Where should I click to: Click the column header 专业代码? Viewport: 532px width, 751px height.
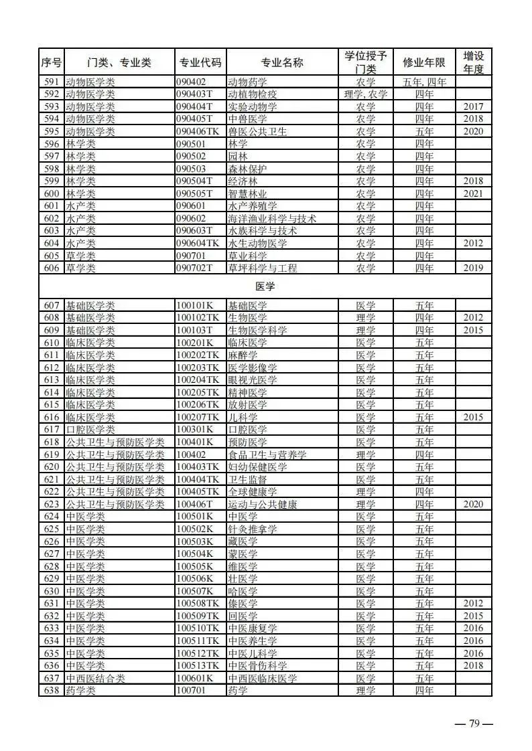click(x=200, y=62)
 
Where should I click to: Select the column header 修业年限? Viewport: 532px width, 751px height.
click(x=424, y=62)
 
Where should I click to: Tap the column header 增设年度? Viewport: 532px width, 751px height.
click(x=473, y=62)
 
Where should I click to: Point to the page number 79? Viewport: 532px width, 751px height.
click(x=474, y=724)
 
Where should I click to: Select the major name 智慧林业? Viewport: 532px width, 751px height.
click(x=248, y=193)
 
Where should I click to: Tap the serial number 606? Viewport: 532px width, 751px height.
click(x=51, y=268)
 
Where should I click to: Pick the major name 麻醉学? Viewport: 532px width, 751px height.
click(x=242, y=355)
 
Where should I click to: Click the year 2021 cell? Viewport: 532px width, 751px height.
click(x=473, y=193)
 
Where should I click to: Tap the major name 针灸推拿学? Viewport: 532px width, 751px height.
click(x=252, y=529)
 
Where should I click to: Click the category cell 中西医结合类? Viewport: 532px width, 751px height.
click(x=96, y=678)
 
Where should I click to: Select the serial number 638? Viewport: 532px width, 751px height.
click(x=51, y=690)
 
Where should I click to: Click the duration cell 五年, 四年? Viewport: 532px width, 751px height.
click(x=424, y=82)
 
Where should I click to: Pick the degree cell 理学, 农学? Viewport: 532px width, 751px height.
click(x=365, y=94)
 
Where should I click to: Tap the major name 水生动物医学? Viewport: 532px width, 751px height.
click(x=257, y=243)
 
